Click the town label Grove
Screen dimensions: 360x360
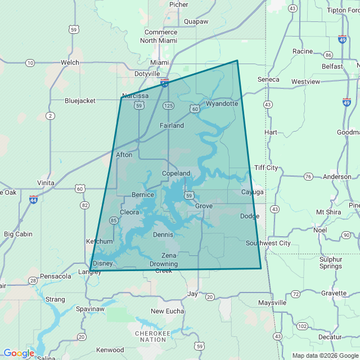(x=204, y=206)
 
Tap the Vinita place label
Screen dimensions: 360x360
(x=46, y=183)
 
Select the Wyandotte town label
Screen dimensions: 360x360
(x=222, y=104)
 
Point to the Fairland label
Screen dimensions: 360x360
(x=172, y=125)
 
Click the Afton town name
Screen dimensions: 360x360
(x=124, y=155)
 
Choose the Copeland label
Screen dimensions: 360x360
(x=176, y=174)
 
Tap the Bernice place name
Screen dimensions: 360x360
(x=142, y=195)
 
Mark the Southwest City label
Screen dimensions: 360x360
(x=268, y=243)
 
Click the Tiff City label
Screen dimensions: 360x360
(x=266, y=168)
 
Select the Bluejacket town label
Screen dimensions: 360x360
(x=80, y=101)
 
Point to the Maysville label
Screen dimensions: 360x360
(x=272, y=303)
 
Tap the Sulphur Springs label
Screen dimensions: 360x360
(x=331, y=263)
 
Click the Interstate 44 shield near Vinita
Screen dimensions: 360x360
(x=33, y=200)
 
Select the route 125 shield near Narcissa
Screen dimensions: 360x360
(x=168, y=106)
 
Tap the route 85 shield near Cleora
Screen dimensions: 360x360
(x=114, y=220)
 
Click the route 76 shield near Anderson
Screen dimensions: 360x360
(x=308, y=177)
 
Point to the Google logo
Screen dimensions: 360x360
(x=19, y=353)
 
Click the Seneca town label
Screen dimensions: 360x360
(x=268, y=79)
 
